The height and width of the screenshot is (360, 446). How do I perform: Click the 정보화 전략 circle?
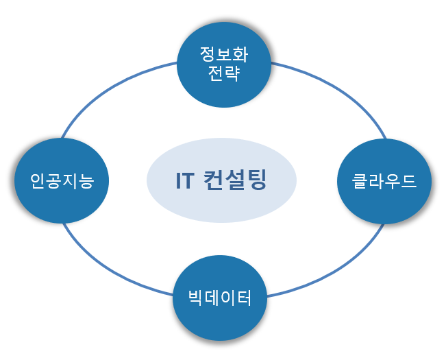(224, 64)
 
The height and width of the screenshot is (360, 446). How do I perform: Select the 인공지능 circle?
(62, 181)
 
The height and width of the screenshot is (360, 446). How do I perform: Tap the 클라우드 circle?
(384, 181)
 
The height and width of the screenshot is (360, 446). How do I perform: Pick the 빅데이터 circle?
(220, 298)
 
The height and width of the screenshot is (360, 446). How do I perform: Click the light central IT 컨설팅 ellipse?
(221, 180)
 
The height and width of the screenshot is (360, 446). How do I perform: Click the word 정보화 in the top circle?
(224, 54)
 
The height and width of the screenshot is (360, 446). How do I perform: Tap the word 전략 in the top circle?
(224, 73)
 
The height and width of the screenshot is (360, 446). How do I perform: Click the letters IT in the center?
(185, 180)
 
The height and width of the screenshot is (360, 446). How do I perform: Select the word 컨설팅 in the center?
(235, 180)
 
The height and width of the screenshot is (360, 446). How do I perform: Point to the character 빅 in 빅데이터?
(196, 298)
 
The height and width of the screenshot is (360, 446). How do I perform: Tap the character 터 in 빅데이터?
(244, 298)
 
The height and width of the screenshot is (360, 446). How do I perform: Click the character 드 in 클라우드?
(408, 181)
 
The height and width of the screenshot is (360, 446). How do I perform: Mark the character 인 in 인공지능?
(38, 181)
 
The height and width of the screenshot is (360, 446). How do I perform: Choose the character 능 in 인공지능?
(86, 181)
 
